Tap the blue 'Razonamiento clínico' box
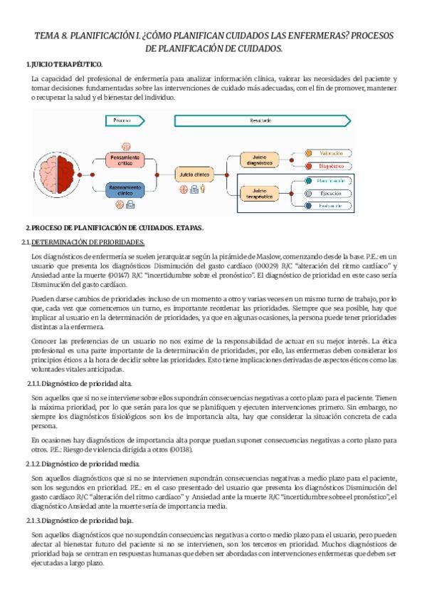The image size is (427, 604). pyautogui.click(x=125, y=189)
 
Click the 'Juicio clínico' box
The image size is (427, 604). pyautogui.click(x=194, y=173)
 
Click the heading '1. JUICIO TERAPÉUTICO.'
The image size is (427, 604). pyautogui.click(x=64, y=64)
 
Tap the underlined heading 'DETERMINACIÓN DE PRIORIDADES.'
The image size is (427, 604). pyautogui.click(x=93, y=242)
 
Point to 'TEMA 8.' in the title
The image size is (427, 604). pyautogui.click(x=54, y=35)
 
